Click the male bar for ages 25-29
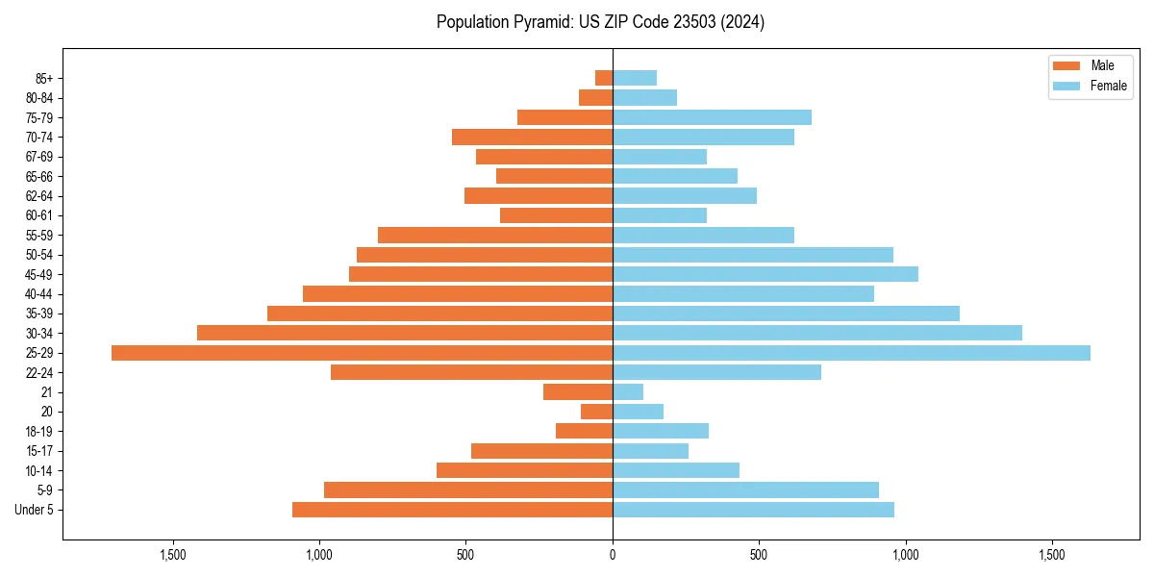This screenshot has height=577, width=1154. pyautogui.click(x=362, y=353)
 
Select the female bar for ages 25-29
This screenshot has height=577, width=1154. pyautogui.click(x=851, y=353)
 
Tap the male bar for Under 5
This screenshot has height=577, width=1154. pyautogui.click(x=452, y=510)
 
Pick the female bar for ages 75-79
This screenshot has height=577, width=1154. pyautogui.click(x=712, y=117)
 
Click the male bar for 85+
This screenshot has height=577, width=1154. pyautogui.click(x=604, y=78)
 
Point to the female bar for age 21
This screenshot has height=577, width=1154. pyautogui.click(x=628, y=392)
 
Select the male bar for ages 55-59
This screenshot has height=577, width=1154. pyautogui.click(x=495, y=236)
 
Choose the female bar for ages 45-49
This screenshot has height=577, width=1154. pyautogui.click(x=765, y=274)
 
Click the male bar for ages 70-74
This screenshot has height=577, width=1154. pyautogui.click(x=532, y=138)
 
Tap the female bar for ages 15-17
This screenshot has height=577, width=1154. pyautogui.click(x=650, y=451)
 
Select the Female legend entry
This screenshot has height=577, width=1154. pyautogui.click(x=1090, y=86)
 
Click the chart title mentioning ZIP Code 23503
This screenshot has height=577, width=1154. pyautogui.click(x=600, y=22)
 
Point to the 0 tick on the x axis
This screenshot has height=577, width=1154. pyautogui.click(x=613, y=555)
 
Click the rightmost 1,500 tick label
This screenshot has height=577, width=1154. pyautogui.click(x=1051, y=555)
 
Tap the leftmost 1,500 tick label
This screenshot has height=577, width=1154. pyautogui.click(x=173, y=555)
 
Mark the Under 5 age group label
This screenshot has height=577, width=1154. pyautogui.click(x=35, y=510)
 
